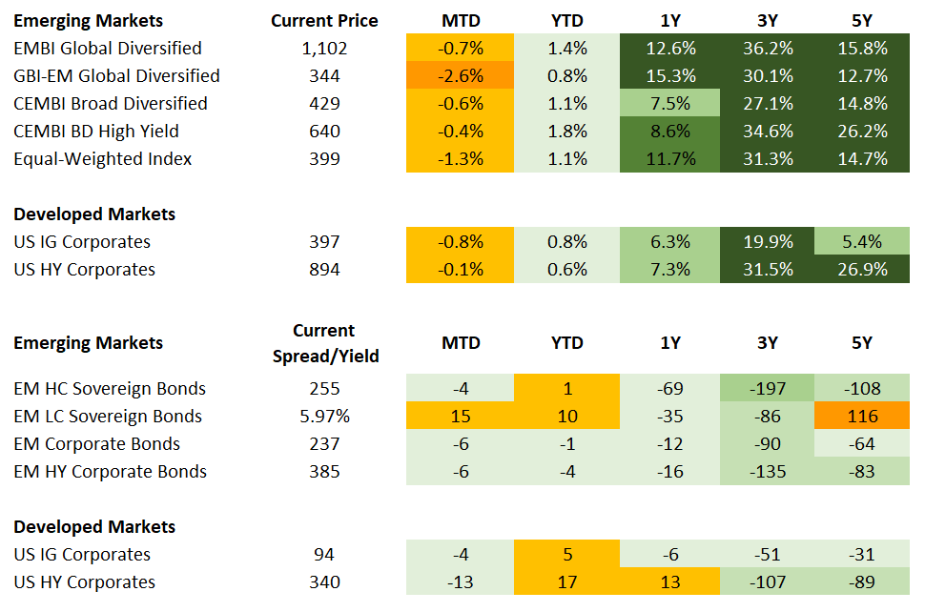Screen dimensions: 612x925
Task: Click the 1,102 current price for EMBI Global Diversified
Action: click(324, 48)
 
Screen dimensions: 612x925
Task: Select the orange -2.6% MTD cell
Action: click(461, 75)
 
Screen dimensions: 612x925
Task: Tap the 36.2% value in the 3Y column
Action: click(769, 48)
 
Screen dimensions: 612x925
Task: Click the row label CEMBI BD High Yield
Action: click(95, 131)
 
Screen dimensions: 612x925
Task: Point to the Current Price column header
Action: click(324, 20)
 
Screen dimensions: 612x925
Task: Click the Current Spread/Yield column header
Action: click(324, 343)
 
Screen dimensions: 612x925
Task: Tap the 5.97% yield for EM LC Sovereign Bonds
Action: click(324, 416)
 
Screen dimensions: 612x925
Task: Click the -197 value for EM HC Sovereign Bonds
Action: click(769, 388)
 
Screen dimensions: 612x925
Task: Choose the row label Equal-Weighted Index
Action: click(102, 158)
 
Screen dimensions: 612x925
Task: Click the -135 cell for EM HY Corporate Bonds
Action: click(769, 471)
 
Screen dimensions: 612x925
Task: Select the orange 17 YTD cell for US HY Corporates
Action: click(566, 581)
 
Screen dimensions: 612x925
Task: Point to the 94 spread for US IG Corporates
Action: click(324, 554)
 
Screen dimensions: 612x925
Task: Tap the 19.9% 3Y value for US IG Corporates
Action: click(769, 241)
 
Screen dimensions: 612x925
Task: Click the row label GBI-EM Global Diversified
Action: click(116, 75)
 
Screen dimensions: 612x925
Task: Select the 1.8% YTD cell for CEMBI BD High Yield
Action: click(566, 131)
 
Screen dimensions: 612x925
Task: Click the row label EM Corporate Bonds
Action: click(96, 443)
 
